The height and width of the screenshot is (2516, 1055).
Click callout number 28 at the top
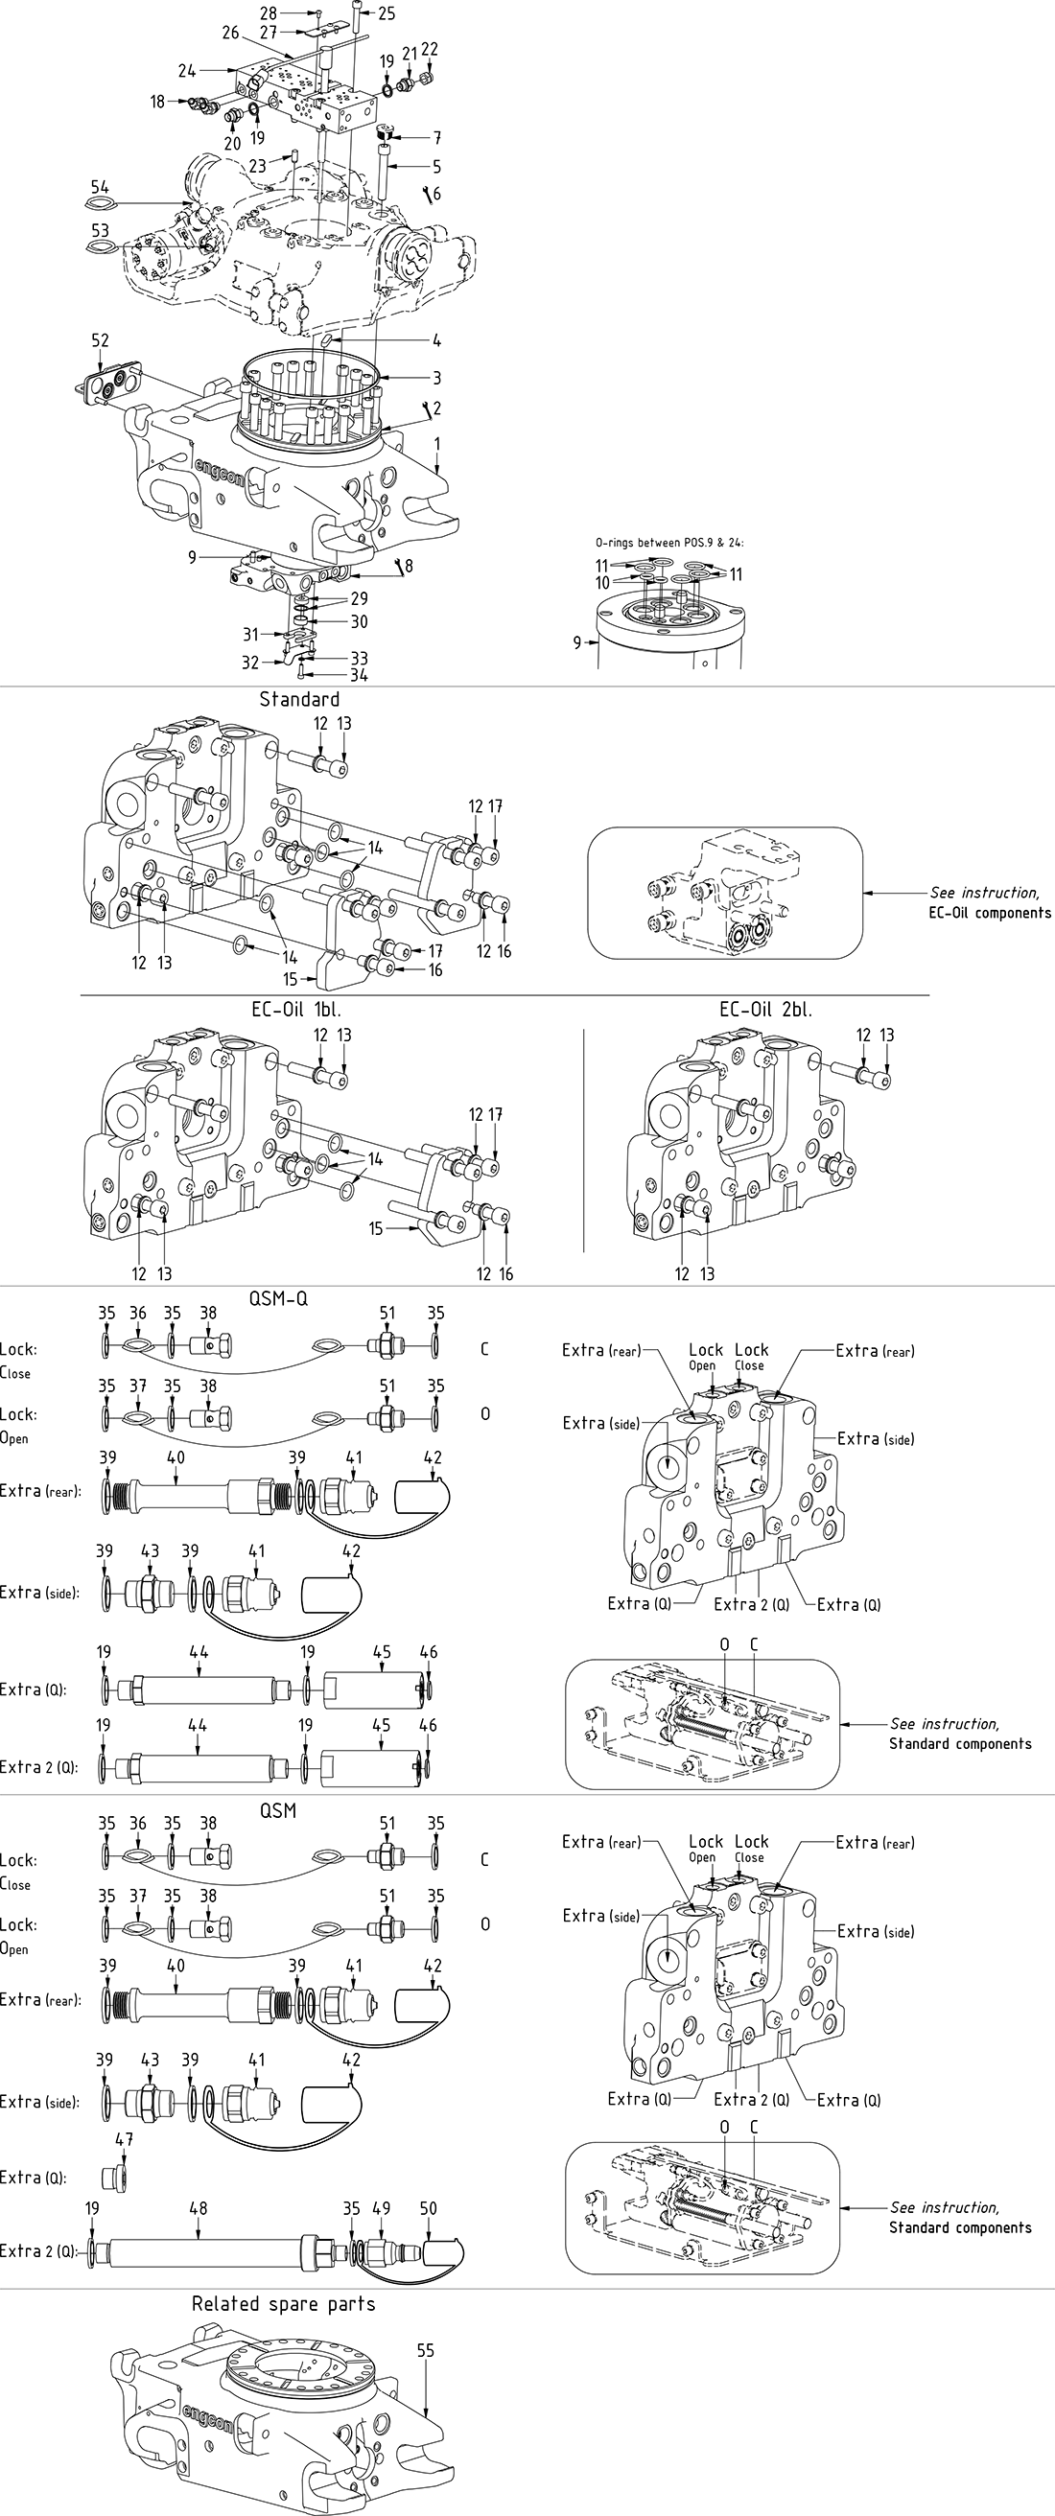click(x=269, y=13)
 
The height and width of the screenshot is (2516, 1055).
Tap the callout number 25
click(x=387, y=13)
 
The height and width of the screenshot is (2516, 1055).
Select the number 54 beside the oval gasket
click(x=100, y=188)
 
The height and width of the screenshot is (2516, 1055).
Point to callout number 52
click(x=100, y=339)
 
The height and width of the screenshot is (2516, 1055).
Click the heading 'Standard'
click(x=299, y=699)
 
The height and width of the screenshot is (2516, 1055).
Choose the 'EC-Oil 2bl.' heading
click(x=765, y=1009)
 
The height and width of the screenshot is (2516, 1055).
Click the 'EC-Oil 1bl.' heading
click(x=296, y=1009)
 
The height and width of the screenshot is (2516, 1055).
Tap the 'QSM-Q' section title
click(x=278, y=1298)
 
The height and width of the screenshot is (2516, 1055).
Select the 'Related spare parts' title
click(x=283, y=2303)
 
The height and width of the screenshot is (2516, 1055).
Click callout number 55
click(x=425, y=2350)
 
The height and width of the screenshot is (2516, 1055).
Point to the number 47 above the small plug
click(x=124, y=2138)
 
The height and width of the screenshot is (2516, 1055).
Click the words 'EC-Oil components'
click(x=990, y=913)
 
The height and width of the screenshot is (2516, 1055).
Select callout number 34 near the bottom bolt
click(x=359, y=675)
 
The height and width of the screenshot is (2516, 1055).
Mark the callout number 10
click(x=601, y=583)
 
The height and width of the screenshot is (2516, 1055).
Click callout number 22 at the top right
click(x=430, y=50)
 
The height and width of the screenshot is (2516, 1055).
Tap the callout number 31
click(x=251, y=635)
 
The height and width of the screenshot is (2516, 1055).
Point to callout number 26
click(x=230, y=34)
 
